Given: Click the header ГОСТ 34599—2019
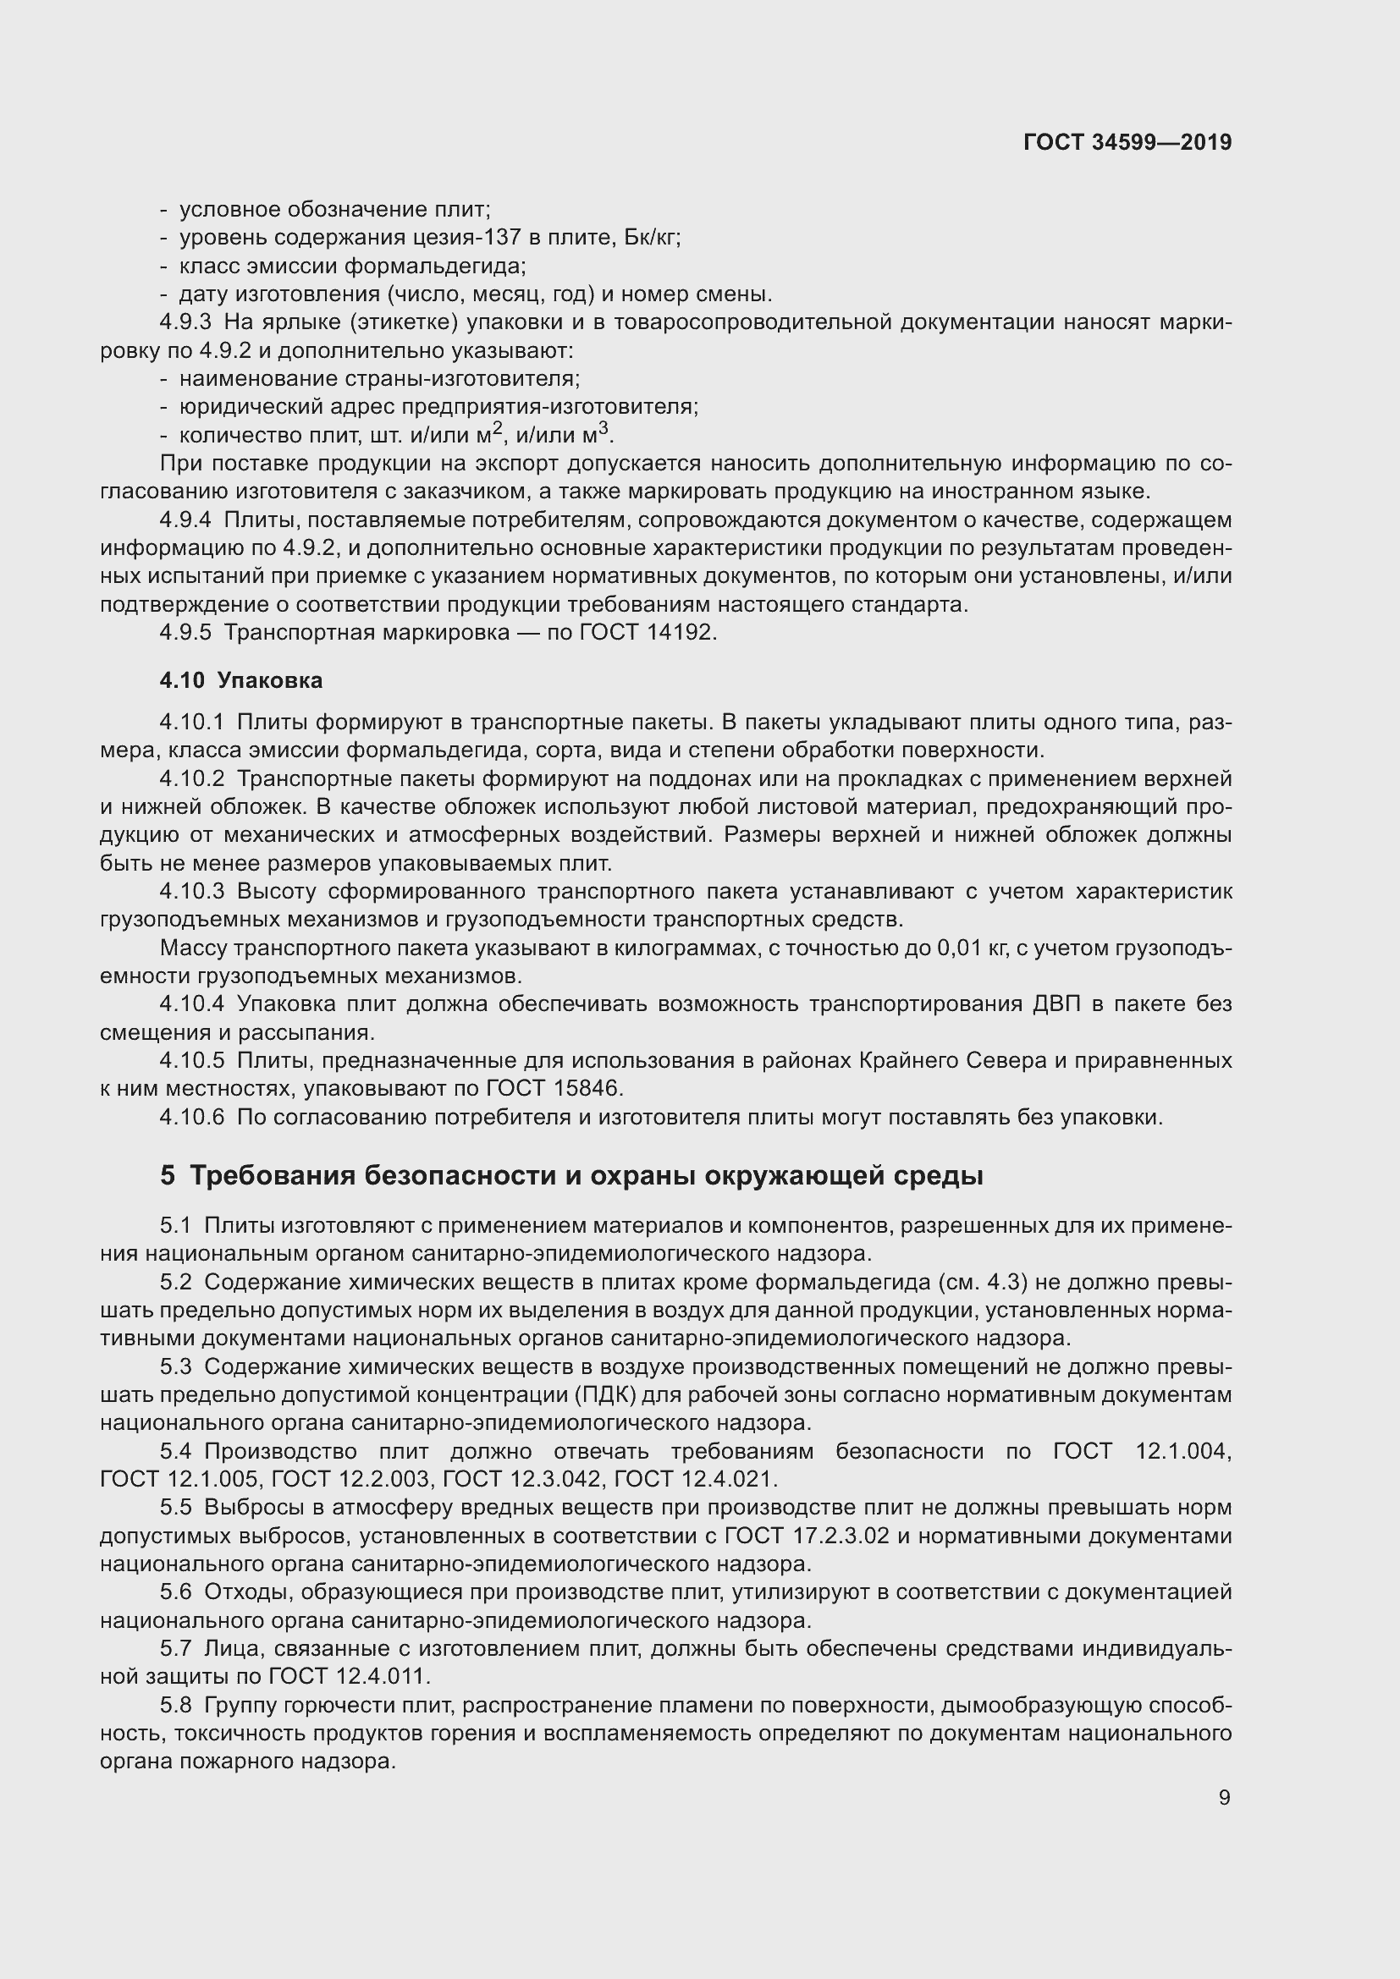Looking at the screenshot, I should pos(1127,142).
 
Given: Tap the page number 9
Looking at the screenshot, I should pos(1224,1797).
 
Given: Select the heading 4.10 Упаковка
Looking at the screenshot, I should pos(240,681).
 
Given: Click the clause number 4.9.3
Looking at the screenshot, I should pos(185,322).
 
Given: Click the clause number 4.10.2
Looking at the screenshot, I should pos(191,779).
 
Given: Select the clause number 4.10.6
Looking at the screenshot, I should pos(191,1117).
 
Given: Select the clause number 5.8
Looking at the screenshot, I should pos(176,1705).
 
